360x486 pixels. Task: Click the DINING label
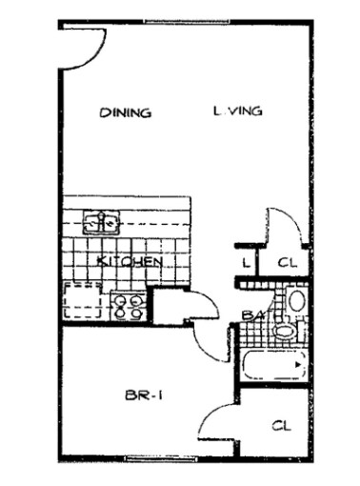(x=125, y=113)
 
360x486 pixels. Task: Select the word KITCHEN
(x=128, y=260)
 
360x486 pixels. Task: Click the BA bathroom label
(x=251, y=314)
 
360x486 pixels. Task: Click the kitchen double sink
(x=100, y=224)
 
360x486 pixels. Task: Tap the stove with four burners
(x=129, y=307)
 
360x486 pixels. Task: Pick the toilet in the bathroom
(x=283, y=331)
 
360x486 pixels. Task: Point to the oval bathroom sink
(x=295, y=303)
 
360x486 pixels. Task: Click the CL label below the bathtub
(x=279, y=425)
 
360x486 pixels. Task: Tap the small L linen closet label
(x=245, y=261)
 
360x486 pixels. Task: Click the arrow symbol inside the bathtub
(x=298, y=365)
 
